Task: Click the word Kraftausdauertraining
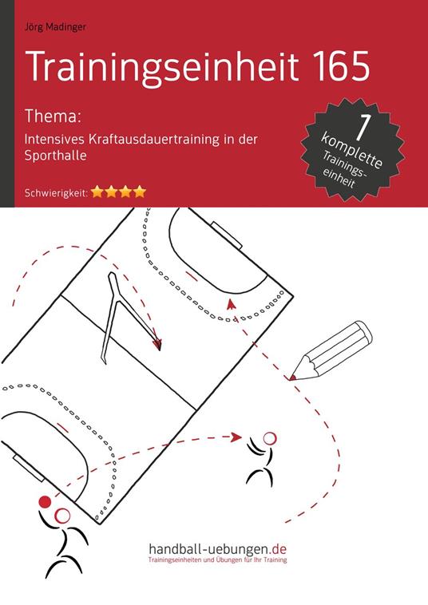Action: pos(172,138)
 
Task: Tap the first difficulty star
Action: pos(97,192)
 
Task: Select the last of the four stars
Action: pos(140,192)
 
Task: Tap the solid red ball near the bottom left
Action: pos(45,501)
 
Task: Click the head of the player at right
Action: pos(270,437)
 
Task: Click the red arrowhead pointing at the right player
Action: pos(236,436)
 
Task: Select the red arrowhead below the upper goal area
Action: pos(231,302)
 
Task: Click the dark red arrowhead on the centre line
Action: pos(157,345)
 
